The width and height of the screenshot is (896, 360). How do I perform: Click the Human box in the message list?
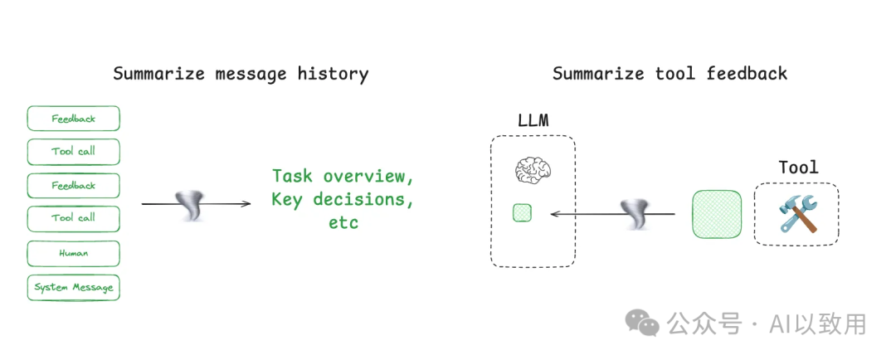click(73, 253)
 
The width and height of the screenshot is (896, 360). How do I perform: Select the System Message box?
click(73, 287)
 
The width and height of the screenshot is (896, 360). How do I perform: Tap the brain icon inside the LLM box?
click(533, 171)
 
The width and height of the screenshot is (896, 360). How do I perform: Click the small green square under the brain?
click(522, 213)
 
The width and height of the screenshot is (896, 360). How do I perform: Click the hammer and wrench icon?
click(797, 214)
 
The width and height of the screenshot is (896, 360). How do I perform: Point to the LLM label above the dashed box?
click(533, 120)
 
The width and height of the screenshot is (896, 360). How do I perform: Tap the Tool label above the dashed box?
click(798, 168)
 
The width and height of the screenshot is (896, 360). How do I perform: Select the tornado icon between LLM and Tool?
click(637, 215)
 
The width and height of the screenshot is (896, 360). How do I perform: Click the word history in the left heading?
click(333, 73)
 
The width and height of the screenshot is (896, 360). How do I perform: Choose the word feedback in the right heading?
click(747, 73)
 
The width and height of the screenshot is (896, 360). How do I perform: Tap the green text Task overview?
click(343, 176)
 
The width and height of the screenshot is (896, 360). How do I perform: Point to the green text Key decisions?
click(343, 199)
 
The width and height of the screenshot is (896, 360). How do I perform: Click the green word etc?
click(343, 221)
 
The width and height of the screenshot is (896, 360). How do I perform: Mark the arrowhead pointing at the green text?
click(246, 204)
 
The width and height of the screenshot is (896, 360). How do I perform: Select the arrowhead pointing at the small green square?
click(555, 214)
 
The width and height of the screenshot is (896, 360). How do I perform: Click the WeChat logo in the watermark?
click(642, 323)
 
